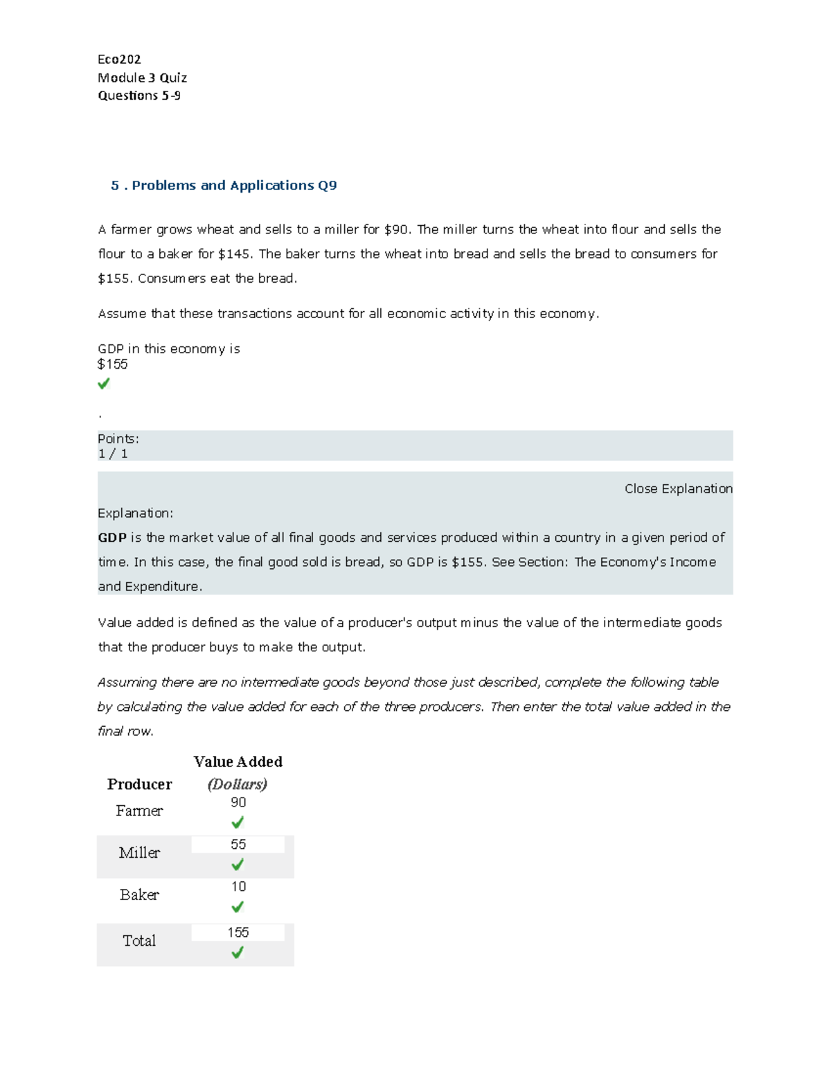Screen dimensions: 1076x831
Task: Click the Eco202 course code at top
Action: click(119, 60)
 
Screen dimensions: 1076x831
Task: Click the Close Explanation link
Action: click(678, 488)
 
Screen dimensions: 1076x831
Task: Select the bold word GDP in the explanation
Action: click(112, 538)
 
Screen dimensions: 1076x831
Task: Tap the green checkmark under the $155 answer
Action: click(104, 383)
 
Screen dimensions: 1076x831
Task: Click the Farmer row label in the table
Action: click(139, 811)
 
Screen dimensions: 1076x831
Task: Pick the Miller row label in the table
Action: click(139, 853)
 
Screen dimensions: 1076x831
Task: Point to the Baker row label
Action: click(139, 895)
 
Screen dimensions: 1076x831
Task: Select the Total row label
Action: click(139, 941)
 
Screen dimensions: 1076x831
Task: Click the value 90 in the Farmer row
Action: click(238, 802)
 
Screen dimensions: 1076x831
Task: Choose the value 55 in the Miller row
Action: click(238, 845)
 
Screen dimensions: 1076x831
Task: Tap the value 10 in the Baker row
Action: click(238, 887)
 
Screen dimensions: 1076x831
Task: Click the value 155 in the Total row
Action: click(238, 933)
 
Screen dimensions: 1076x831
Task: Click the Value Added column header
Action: click(238, 762)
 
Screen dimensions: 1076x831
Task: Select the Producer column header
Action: click(139, 784)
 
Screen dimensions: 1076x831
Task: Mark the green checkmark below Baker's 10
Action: click(238, 907)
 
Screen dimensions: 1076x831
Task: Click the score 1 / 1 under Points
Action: click(113, 454)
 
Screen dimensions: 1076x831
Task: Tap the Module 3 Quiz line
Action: click(142, 78)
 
